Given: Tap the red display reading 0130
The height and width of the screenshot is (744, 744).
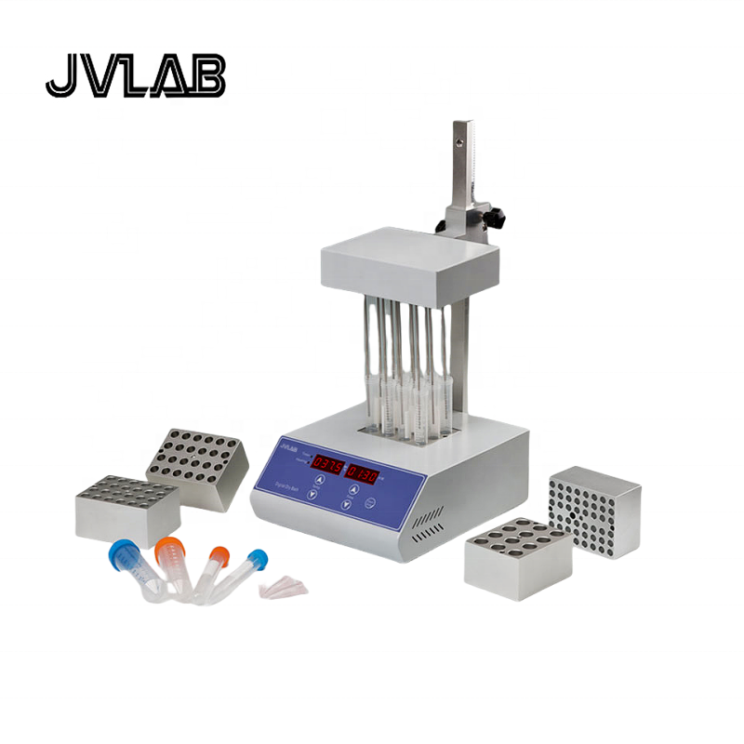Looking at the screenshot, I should point(362,472).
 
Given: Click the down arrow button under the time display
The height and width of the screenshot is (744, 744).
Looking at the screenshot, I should point(346,507).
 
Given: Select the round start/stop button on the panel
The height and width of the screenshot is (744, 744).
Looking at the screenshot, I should point(369,503).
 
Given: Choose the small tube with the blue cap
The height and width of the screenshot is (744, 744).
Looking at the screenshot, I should point(246,572).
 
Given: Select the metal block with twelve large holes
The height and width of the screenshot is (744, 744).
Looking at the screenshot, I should point(517,550).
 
